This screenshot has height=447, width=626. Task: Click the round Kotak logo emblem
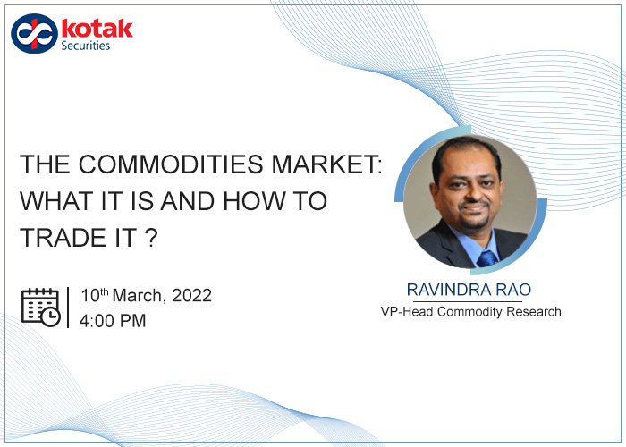34,34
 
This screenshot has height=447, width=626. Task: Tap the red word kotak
97,29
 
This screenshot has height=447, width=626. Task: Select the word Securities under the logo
86,46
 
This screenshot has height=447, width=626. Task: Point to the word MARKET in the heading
323,164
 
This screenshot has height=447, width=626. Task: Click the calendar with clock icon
41,307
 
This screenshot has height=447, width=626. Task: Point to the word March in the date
137,296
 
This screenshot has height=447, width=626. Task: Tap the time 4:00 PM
113,321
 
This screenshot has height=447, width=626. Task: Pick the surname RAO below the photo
514,290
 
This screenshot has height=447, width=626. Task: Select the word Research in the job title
534,312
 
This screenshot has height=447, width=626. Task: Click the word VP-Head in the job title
407,312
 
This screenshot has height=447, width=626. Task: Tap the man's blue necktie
486,258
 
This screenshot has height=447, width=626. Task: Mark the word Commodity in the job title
470,312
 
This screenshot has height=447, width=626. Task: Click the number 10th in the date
95,295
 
